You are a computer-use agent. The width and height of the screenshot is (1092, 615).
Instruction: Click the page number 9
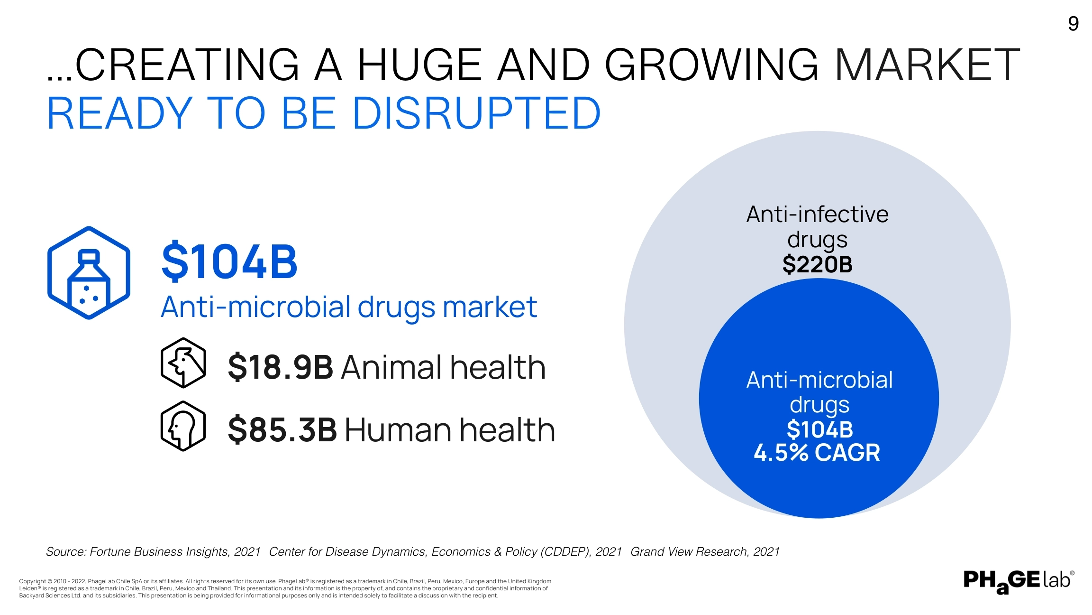coord(1073,24)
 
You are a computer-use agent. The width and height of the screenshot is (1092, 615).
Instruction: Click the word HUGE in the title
coord(419,65)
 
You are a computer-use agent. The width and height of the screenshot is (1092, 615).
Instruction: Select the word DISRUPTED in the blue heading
coord(477,113)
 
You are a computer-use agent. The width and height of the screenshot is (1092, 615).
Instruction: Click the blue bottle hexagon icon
coord(89,273)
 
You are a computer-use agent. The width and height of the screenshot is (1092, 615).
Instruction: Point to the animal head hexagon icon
coord(183,363)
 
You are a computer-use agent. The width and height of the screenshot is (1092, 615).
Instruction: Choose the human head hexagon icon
coord(183,426)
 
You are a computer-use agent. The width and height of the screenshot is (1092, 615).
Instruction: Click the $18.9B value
coord(281,367)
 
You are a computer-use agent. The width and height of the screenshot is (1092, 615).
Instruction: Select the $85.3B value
coord(282,430)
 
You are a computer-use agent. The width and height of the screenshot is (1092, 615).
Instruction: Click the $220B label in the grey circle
coord(817,264)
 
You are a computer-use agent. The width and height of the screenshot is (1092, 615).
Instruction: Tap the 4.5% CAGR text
coord(817,453)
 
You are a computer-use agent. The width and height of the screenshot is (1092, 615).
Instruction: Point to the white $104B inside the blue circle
coord(819,429)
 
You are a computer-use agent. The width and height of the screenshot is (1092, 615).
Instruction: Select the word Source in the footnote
coord(65,552)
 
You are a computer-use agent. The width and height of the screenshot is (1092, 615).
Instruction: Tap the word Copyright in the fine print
coord(32,581)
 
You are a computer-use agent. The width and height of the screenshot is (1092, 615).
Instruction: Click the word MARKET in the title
coord(927,65)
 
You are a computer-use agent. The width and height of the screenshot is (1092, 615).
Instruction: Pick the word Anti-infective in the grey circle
coord(817,214)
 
